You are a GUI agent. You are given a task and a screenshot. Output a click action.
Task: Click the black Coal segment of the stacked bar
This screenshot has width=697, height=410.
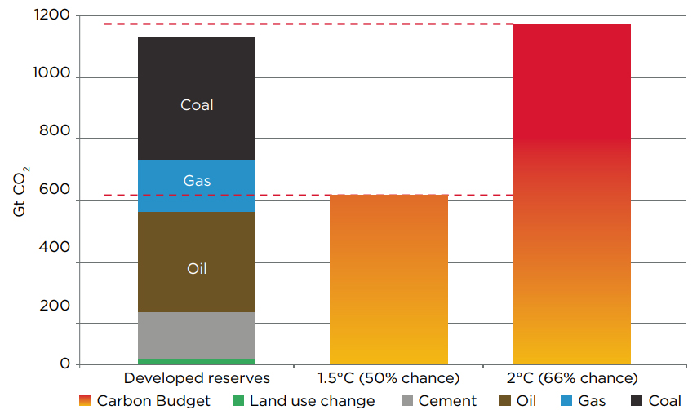click(x=197, y=98)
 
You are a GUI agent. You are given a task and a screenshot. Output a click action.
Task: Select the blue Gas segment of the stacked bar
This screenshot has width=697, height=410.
click(x=197, y=186)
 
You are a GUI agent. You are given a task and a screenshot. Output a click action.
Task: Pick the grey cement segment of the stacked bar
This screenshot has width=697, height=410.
click(x=197, y=335)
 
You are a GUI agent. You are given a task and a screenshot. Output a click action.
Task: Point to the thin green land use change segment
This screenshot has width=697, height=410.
click(x=197, y=361)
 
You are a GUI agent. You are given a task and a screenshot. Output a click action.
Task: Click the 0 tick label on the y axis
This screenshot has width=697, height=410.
click(x=65, y=364)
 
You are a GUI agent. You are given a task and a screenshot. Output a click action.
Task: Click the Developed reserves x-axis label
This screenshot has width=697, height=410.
click(x=197, y=378)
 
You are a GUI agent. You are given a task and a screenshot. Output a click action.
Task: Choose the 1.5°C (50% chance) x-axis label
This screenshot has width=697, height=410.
click(x=388, y=378)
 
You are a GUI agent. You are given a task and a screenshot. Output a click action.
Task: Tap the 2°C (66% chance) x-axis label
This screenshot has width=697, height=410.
click(x=571, y=378)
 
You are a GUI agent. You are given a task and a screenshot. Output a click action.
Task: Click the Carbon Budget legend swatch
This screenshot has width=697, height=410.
click(x=85, y=400)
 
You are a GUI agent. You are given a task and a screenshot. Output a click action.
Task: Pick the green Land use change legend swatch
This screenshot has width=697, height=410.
click(x=238, y=400)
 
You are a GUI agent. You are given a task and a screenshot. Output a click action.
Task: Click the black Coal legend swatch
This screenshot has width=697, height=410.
click(x=637, y=400)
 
